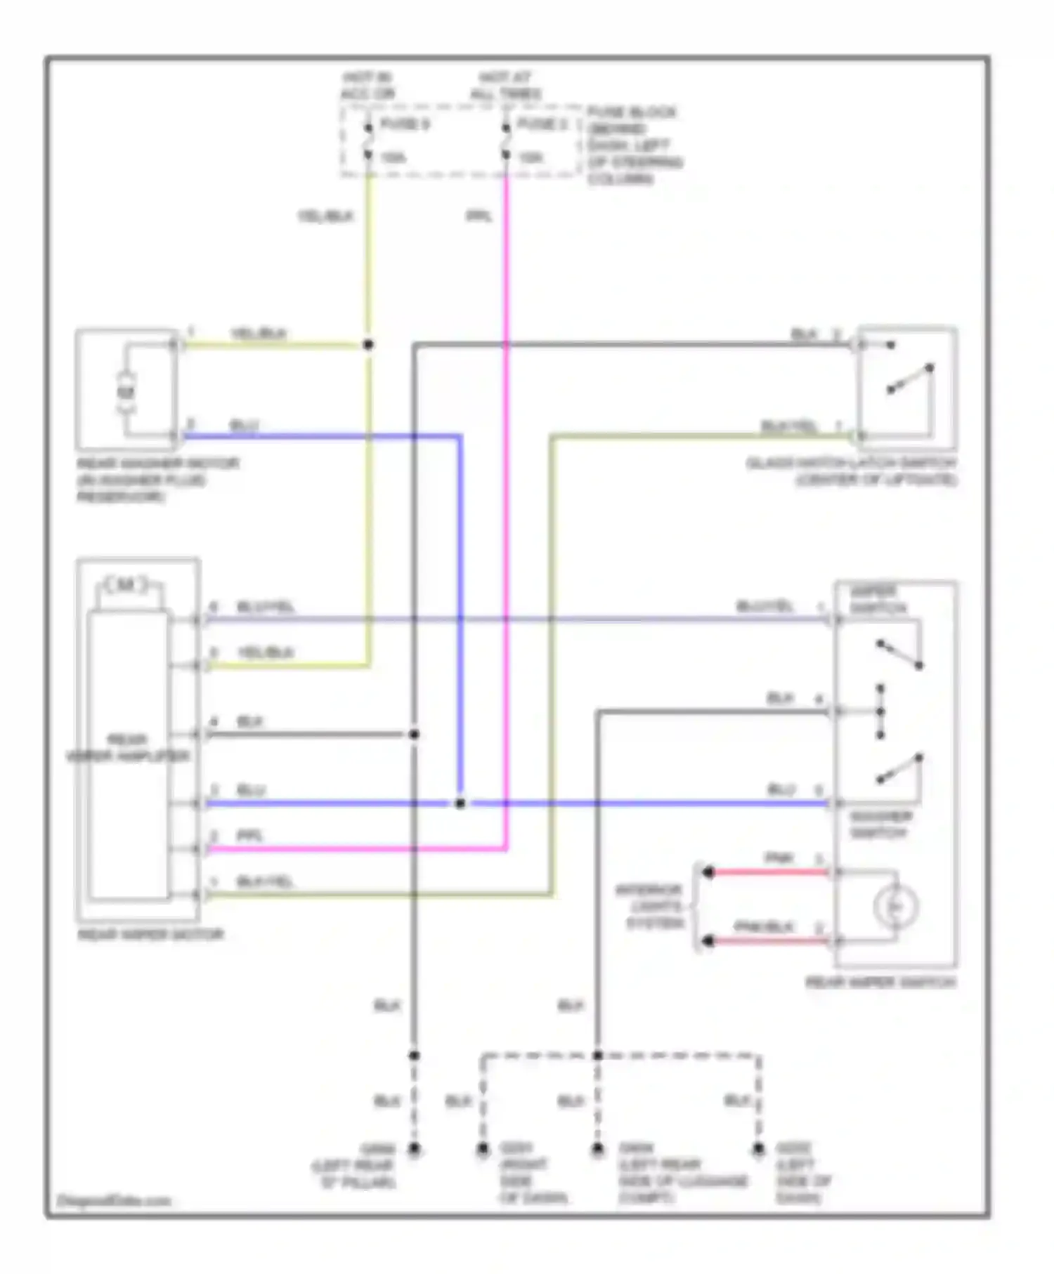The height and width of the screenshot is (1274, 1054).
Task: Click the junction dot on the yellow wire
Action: click(367, 345)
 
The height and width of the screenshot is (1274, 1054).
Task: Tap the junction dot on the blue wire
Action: click(460, 803)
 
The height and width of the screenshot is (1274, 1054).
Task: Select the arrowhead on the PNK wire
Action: click(708, 872)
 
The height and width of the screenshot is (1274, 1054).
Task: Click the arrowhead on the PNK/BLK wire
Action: click(708, 940)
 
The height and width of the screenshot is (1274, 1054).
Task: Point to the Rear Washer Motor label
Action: click(158, 480)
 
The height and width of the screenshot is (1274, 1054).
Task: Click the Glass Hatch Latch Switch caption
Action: click(852, 472)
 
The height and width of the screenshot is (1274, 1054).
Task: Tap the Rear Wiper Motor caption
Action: click(150, 935)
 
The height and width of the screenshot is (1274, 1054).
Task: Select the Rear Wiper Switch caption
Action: click(880, 983)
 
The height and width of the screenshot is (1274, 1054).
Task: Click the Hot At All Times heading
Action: click(506, 86)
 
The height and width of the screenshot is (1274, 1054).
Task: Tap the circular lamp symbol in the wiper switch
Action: click(897, 907)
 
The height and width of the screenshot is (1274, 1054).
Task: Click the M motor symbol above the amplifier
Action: click(126, 584)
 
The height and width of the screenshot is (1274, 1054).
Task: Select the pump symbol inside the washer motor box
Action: click(126, 391)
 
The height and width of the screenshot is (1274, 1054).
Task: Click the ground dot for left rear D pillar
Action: click(415, 1150)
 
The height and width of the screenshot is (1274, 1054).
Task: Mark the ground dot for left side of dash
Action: click(758, 1150)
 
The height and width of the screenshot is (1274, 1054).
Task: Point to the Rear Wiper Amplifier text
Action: click(128, 748)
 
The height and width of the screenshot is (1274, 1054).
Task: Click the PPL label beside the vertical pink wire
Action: click(479, 216)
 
